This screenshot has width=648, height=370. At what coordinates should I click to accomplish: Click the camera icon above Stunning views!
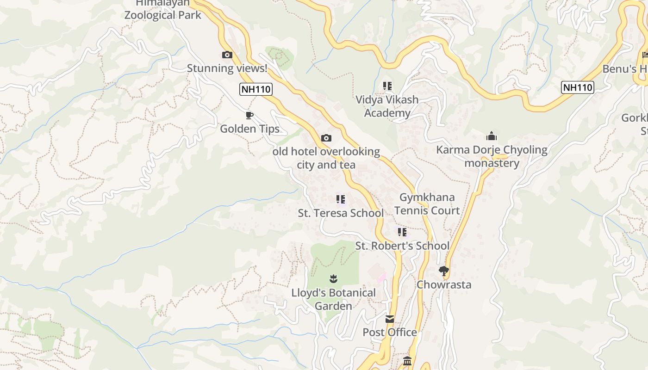(227, 55)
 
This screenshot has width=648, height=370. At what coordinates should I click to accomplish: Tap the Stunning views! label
(227, 68)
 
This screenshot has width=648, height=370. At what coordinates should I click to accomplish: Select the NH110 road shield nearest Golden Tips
(255, 89)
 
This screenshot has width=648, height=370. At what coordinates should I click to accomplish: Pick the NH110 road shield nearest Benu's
(577, 87)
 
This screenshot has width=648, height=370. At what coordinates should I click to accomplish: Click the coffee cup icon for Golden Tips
(249, 115)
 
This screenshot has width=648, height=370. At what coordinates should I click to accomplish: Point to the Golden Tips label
(249, 129)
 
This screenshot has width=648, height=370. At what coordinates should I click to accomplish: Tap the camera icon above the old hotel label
(326, 138)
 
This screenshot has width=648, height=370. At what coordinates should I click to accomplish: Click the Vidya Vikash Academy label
(387, 106)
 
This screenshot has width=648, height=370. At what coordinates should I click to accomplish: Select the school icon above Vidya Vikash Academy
(387, 86)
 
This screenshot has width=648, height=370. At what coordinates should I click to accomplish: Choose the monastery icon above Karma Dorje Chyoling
(491, 136)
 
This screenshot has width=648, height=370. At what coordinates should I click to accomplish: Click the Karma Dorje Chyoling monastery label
(492, 156)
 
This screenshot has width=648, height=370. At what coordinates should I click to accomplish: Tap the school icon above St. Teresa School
(341, 199)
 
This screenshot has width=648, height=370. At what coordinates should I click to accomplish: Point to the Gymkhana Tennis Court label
(427, 204)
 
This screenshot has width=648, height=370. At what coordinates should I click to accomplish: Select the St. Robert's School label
(402, 246)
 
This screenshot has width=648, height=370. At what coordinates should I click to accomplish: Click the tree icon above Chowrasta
(443, 271)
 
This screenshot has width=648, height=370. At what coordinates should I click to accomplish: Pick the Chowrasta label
(444, 284)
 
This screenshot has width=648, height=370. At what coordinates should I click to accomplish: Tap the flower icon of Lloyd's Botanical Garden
(333, 278)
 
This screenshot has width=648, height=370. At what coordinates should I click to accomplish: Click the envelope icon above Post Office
(390, 319)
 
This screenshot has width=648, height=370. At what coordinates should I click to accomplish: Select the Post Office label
(390, 332)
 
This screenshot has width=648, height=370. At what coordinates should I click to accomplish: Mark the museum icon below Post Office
(407, 361)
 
